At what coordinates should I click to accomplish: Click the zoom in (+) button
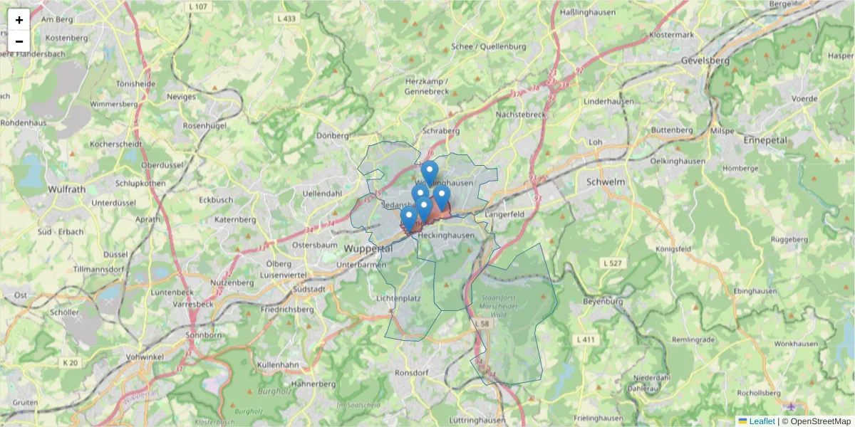[19, 20]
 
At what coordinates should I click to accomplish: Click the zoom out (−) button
[19, 41]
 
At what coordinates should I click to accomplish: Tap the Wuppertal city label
[368, 249]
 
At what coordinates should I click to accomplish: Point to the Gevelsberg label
[705, 60]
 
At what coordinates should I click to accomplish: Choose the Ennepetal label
[765, 140]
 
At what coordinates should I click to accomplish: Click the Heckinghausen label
[447, 235]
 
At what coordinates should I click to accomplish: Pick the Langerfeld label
[504, 213]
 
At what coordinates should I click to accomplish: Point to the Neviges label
[180, 96]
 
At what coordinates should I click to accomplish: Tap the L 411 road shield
[586, 339]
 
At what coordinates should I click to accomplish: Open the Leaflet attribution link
[762, 421]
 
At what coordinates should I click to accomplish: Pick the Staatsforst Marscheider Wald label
[508, 302]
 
